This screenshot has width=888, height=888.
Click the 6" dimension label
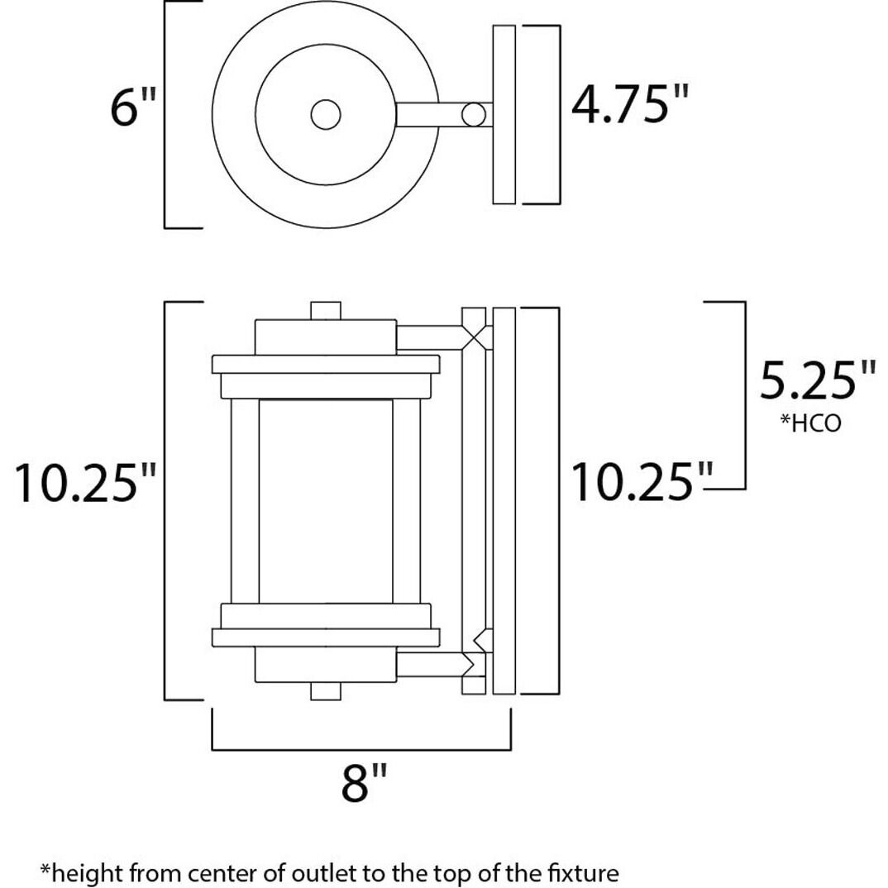tap(133, 107)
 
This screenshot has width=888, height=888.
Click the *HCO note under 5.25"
tap(810, 423)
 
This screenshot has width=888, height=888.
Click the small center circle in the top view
tap(326, 114)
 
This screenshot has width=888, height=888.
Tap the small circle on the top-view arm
tap(474, 114)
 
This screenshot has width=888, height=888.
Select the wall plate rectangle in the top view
tap(504, 114)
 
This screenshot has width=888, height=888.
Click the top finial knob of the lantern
tap(326, 311)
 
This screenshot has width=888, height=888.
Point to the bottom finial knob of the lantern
tap(326, 691)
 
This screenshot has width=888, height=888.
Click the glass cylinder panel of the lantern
tap(326, 500)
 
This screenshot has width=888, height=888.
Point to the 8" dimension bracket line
tap(361, 749)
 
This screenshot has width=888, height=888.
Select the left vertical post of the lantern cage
tap(241, 500)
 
